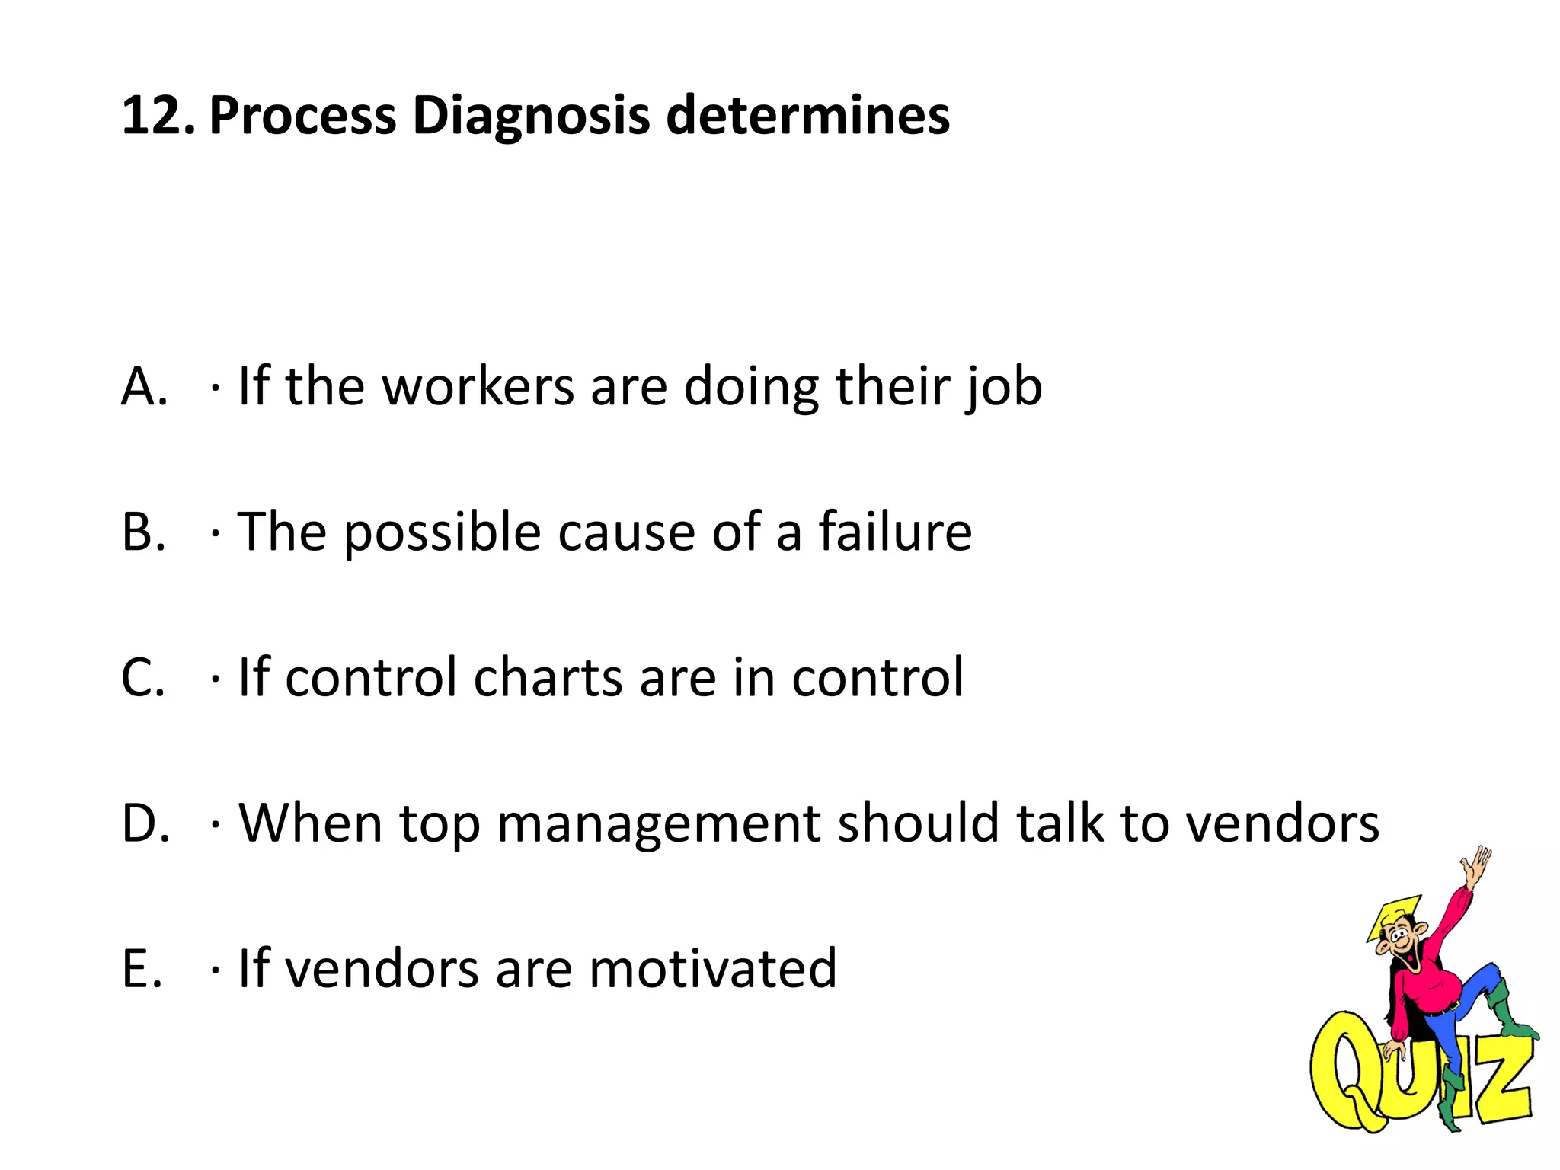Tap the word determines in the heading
(x=808, y=117)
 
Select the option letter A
(x=143, y=387)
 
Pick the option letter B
(x=143, y=532)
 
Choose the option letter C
(x=143, y=677)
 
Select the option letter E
(x=142, y=969)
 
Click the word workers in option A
(x=478, y=387)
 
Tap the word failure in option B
(x=895, y=532)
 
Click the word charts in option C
(x=548, y=677)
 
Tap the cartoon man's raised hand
(x=1476, y=865)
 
